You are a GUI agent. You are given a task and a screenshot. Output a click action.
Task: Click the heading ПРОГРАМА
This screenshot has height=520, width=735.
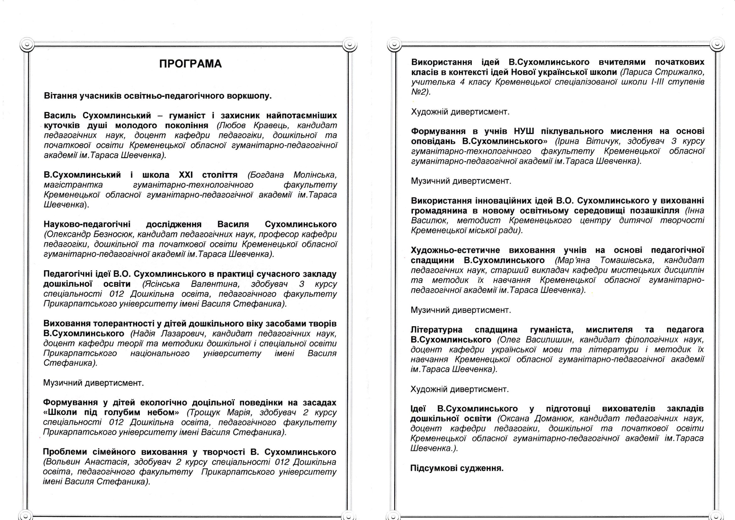point(191,64)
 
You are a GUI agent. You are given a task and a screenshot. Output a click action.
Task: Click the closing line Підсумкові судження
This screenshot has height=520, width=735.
point(457,468)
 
